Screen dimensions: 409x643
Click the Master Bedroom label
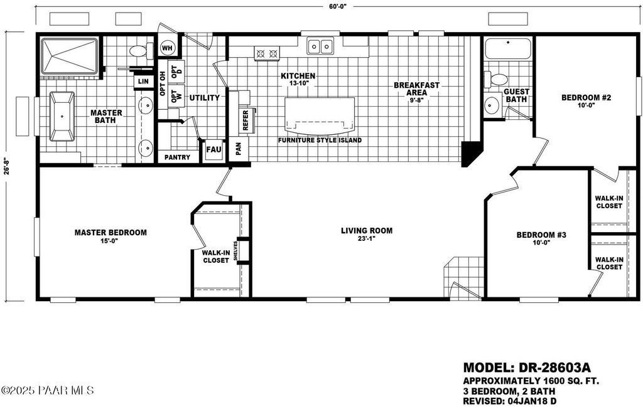click(x=111, y=232)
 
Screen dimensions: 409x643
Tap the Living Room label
click(x=367, y=231)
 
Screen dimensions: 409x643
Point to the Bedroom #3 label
click(x=541, y=235)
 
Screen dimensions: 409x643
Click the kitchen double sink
click(x=320, y=46)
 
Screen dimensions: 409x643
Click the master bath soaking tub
click(x=62, y=116)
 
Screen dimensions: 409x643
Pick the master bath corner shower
click(x=69, y=56)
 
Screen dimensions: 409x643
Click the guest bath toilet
click(x=499, y=80)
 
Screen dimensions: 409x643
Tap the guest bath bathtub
click(x=508, y=49)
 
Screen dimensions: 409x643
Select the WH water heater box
click(x=167, y=48)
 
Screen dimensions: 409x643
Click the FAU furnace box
click(x=213, y=150)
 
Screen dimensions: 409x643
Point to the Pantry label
click(x=177, y=157)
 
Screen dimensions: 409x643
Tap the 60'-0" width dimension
click(x=337, y=6)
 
